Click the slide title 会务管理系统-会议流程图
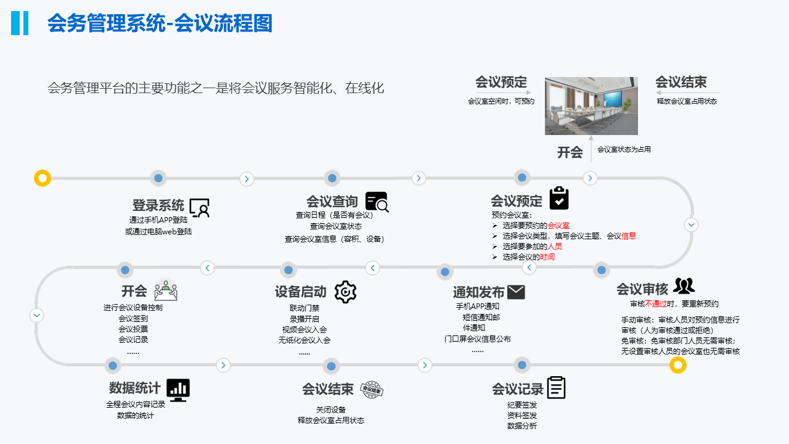(160, 23)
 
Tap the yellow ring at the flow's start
(43, 178)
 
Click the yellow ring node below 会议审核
(678, 366)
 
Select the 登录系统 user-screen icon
(200, 208)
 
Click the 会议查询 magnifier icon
(377, 202)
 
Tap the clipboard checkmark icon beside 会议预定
(558, 199)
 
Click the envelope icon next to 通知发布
(516, 292)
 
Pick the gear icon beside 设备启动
(345, 292)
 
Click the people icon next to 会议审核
(684, 286)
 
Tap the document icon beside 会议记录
(556, 388)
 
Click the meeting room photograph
(591, 106)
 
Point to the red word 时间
(547, 257)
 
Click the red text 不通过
(656, 304)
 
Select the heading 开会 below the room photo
(570, 152)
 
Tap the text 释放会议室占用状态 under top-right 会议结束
(687, 101)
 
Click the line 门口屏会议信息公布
(478, 339)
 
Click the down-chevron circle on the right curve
(692, 225)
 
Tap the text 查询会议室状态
(336, 226)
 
